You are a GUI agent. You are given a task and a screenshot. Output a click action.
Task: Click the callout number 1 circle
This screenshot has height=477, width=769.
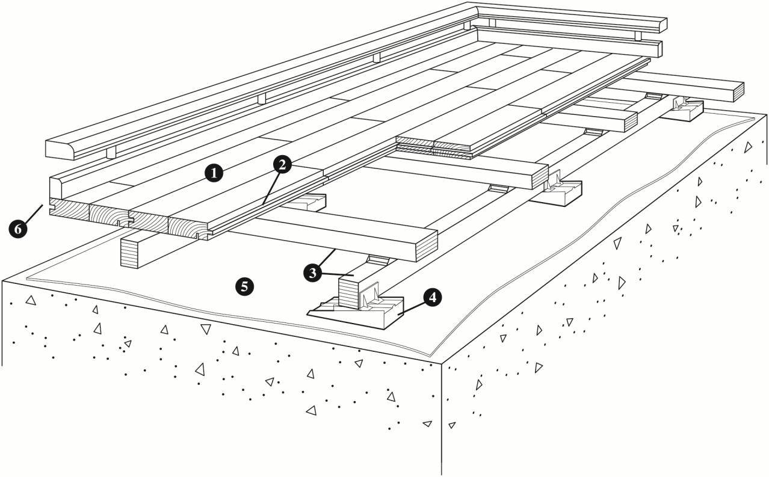coord(214,174)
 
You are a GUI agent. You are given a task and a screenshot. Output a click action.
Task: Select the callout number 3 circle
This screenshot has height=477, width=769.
coord(312,271)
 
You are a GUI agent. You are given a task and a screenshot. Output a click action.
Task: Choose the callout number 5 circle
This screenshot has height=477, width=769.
coord(244,286)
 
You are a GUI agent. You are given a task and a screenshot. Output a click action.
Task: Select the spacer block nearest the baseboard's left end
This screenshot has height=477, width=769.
coord(111,152)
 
